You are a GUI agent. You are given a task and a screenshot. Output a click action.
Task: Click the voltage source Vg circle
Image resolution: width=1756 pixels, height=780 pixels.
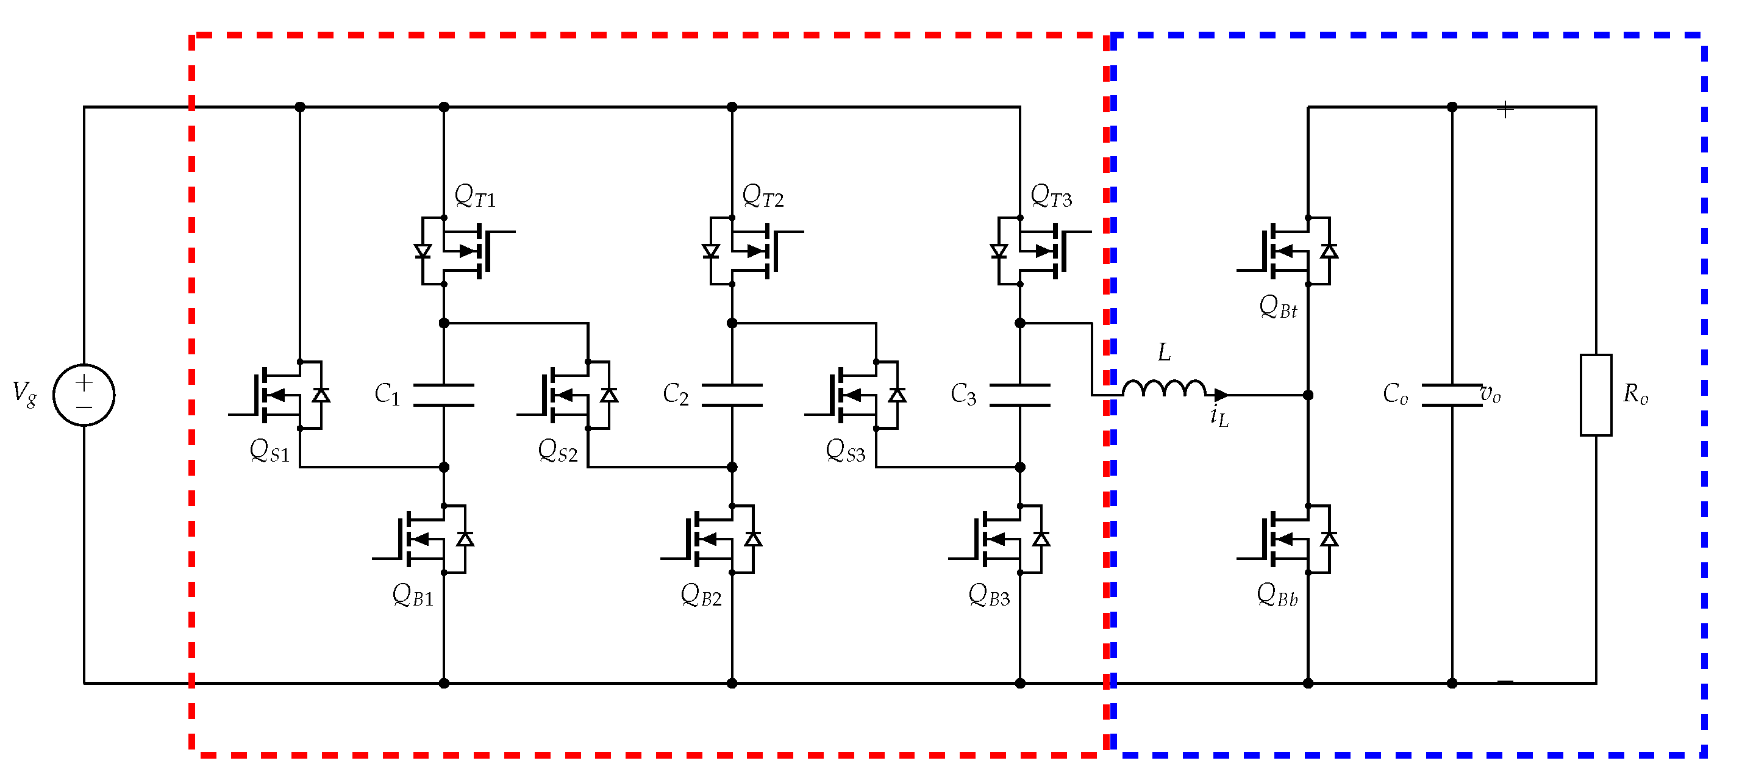pyautogui.click(x=84, y=395)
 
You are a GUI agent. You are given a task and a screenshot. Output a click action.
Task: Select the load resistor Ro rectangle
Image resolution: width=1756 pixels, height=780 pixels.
pyautogui.click(x=1596, y=395)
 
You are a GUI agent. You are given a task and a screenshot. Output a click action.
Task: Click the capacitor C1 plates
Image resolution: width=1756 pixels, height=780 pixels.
pyautogui.click(x=444, y=395)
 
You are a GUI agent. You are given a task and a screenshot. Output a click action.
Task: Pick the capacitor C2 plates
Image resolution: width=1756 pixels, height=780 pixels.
pyautogui.click(x=732, y=395)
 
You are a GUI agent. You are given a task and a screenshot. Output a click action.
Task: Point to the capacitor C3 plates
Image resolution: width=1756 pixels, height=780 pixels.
pyautogui.click(x=1020, y=395)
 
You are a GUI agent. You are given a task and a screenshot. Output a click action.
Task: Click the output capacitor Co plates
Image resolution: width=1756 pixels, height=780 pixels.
pyautogui.click(x=1451, y=395)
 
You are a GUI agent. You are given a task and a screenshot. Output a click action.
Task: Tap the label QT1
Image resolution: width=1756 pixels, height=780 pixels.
pyautogui.click(x=475, y=196)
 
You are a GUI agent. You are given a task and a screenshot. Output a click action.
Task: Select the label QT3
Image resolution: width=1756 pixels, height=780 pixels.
pyautogui.click(x=1051, y=196)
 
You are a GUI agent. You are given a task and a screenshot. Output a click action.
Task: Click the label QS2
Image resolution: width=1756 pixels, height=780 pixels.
pyautogui.click(x=558, y=451)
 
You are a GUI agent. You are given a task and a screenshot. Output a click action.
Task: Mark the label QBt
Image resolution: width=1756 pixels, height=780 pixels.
pyautogui.click(x=1278, y=307)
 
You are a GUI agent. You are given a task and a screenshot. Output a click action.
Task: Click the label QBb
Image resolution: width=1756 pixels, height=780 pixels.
pyautogui.click(x=1277, y=595)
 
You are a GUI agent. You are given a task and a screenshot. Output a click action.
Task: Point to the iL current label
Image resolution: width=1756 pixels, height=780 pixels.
pyautogui.click(x=1219, y=417)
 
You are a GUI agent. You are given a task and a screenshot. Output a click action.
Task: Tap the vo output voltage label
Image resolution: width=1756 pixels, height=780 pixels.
pyautogui.click(x=1491, y=394)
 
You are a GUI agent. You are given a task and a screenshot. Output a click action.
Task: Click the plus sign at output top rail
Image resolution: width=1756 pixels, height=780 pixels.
pyautogui.click(x=1505, y=109)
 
